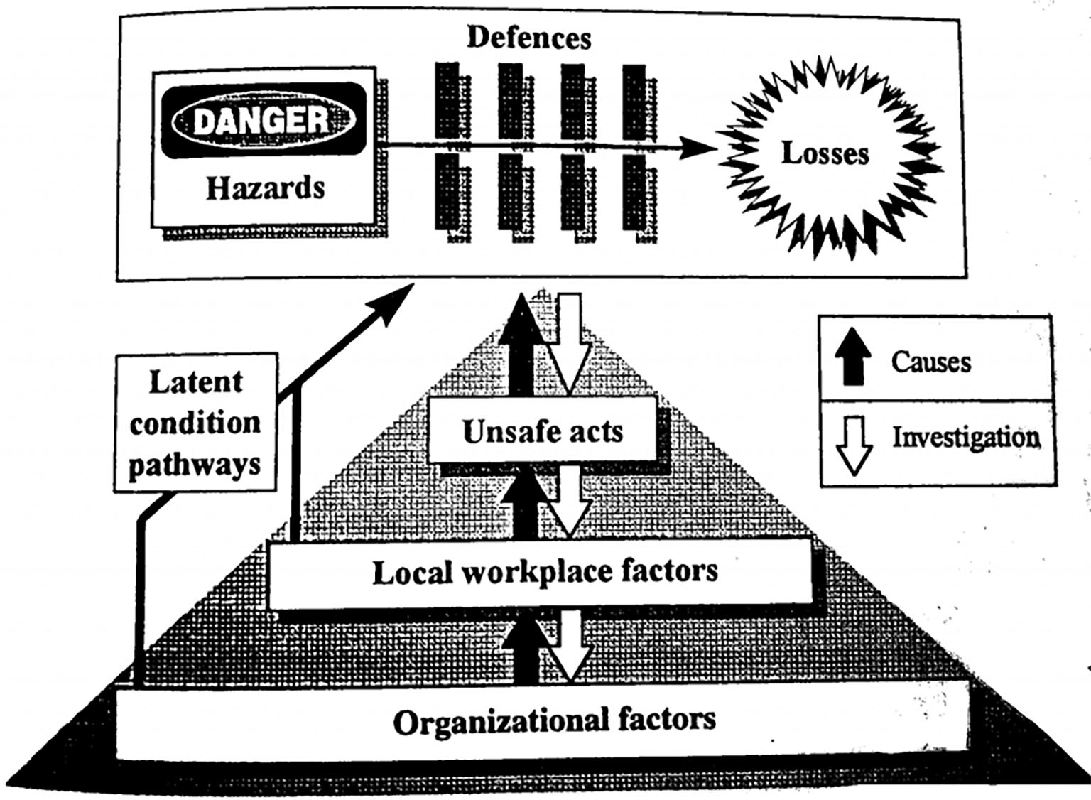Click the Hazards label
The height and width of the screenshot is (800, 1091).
click(x=265, y=188)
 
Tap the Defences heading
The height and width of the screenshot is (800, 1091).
click(x=528, y=38)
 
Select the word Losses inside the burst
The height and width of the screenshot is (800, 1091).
click(x=825, y=153)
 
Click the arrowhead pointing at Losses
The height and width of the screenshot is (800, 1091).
click(x=699, y=148)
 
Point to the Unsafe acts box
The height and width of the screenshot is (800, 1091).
click(x=542, y=431)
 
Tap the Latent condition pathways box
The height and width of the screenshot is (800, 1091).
click(x=195, y=423)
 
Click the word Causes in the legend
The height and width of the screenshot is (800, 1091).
click(x=930, y=362)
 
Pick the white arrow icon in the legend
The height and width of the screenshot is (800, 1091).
click(x=855, y=443)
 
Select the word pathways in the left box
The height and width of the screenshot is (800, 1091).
click(x=195, y=465)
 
